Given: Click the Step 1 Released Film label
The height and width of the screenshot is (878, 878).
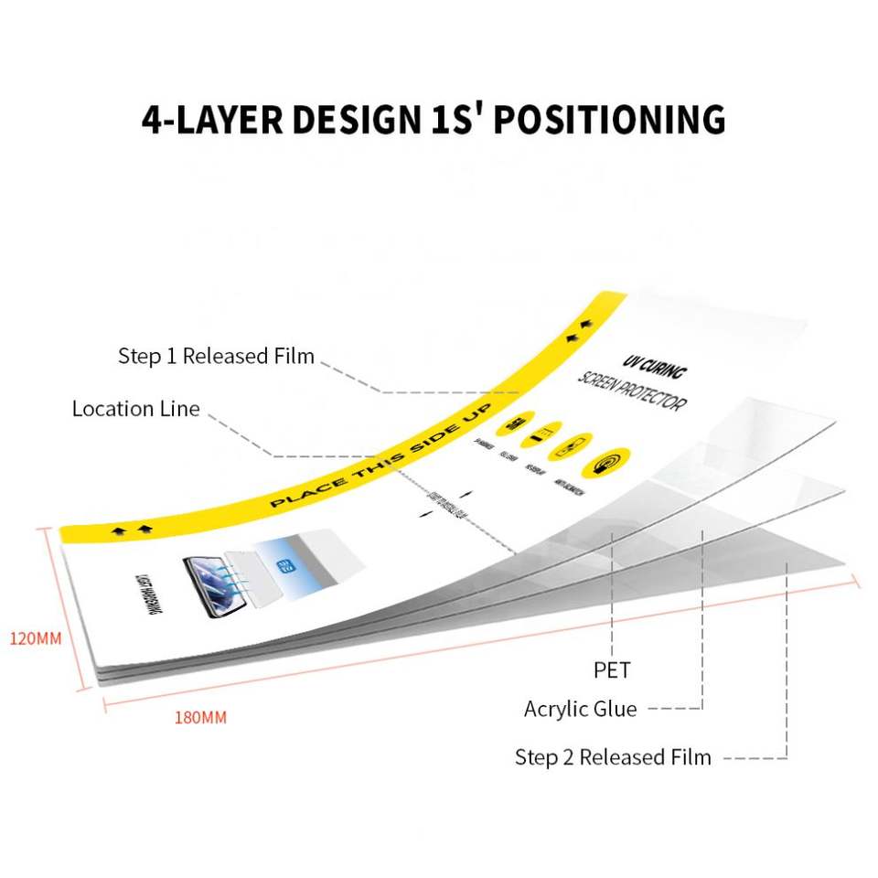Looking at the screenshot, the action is pyautogui.click(x=216, y=356).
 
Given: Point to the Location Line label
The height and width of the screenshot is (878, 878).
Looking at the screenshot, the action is pyautogui.click(x=135, y=409).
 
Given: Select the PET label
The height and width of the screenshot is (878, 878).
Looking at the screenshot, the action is pyautogui.click(x=612, y=670).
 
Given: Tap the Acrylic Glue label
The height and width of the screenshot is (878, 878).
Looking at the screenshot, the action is pyautogui.click(x=580, y=709).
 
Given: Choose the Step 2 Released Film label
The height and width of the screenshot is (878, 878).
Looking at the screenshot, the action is pyautogui.click(x=613, y=757).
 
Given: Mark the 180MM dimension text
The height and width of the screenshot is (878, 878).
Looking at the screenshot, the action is pyautogui.click(x=200, y=717).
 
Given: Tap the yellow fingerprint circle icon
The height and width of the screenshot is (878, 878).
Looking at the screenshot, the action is pyautogui.click(x=609, y=462).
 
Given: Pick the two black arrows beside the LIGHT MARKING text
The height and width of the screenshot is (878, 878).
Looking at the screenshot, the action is pyautogui.click(x=130, y=530).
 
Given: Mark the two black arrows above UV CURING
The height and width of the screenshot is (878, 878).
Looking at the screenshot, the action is pyautogui.click(x=579, y=332).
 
